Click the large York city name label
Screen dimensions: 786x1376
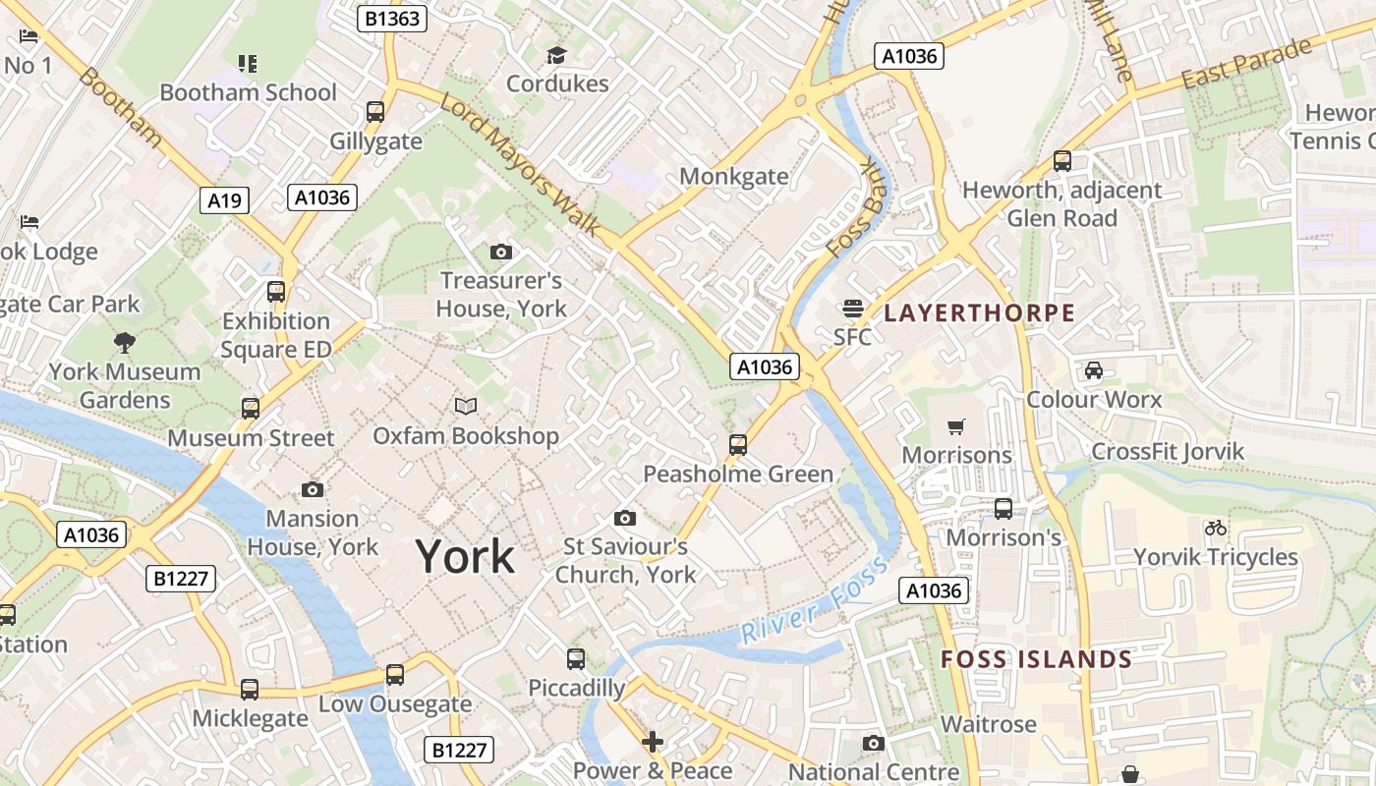point(465,556)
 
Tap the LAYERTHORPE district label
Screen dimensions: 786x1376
point(979,313)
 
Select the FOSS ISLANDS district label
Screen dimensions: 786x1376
point(1037,659)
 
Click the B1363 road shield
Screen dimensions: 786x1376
point(391,18)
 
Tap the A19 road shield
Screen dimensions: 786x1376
point(224,200)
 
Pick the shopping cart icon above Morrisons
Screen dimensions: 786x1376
point(955,426)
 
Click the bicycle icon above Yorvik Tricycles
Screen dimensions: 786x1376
point(1216,528)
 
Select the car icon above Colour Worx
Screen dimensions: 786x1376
point(1093,370)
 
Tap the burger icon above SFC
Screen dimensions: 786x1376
point(852,308)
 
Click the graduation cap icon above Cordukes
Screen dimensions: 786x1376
point(557,55)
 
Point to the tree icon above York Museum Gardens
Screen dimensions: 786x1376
point(124,343)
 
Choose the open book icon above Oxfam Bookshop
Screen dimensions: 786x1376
point(465,406)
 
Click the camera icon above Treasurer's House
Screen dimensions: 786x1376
point(500,252)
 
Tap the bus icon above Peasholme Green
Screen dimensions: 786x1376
point(738,445)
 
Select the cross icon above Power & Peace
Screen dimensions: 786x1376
point(653,741)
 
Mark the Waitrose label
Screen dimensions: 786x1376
point(988,724)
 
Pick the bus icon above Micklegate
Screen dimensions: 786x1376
point(250,689)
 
